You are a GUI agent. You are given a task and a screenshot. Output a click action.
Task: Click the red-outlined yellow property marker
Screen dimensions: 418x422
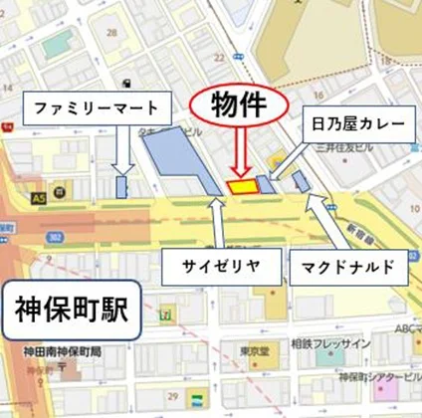(241, 185)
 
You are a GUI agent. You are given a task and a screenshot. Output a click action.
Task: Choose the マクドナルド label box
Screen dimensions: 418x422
(348, 267)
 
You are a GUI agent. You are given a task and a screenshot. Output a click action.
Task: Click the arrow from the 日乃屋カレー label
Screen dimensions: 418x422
(285, 159)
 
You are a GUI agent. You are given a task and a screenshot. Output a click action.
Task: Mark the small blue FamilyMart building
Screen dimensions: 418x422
(121, 187)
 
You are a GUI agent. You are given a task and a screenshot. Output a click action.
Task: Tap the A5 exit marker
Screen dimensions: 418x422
(39, 200)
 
